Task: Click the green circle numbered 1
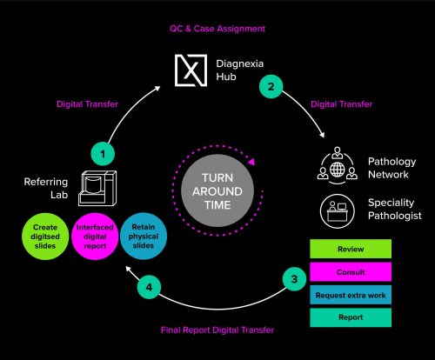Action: click(x=103, y=154)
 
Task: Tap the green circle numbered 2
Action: click(x=271, y=86)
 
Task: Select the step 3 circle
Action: click(x=294, y=279)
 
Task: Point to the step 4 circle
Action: click(x=149, y=287)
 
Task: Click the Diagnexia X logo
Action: click(x=191, y=70)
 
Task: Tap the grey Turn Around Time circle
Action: click(x=217, y=191)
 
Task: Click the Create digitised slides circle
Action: click(x=45, y=237)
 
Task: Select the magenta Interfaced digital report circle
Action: click(x=95, y=237)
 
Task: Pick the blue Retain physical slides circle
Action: click(x=144, y=236)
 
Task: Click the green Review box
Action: click(x=351, y=249)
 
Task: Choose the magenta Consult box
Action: click(x=351, y=272)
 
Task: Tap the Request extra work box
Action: click(x=351, y=295)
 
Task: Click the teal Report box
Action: click(x=351, y=317)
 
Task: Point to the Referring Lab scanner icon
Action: click(x=97, y=188)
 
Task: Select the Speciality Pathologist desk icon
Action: click(x=338, y=211)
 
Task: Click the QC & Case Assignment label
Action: click(x=217, y=29)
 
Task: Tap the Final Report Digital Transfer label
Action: click(x=217, y=330)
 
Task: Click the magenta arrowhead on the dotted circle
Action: click(x=251, y=161)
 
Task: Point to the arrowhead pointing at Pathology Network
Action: click(x=321, y=135)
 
